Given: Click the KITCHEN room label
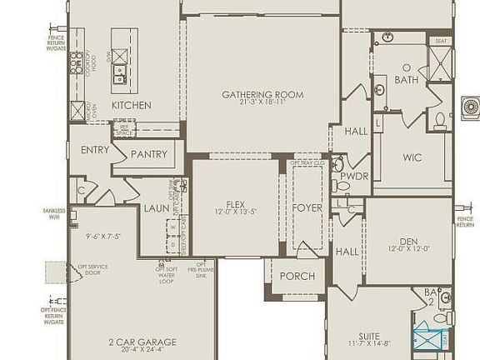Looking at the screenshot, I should [x=132, y=105].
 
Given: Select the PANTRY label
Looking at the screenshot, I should [x=149, y=154].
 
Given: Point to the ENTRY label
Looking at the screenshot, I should [x=95, y=150].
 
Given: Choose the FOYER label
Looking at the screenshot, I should [x=307, y=207].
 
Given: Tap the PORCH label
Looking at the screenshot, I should [x=297, y=276].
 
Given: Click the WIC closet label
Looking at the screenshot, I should [x=412, y=157].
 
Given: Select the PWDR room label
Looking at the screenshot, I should [x=354, y=176].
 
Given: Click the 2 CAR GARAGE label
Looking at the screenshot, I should [x=142, y=342].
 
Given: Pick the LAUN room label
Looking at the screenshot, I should [x=156, y=208].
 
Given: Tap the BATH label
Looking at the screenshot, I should [x=407, y=81].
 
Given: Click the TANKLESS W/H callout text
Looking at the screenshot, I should [x=54, y=214].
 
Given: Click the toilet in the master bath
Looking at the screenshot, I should [x=440, y=121].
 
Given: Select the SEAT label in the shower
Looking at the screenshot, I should [x=441, y=41].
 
